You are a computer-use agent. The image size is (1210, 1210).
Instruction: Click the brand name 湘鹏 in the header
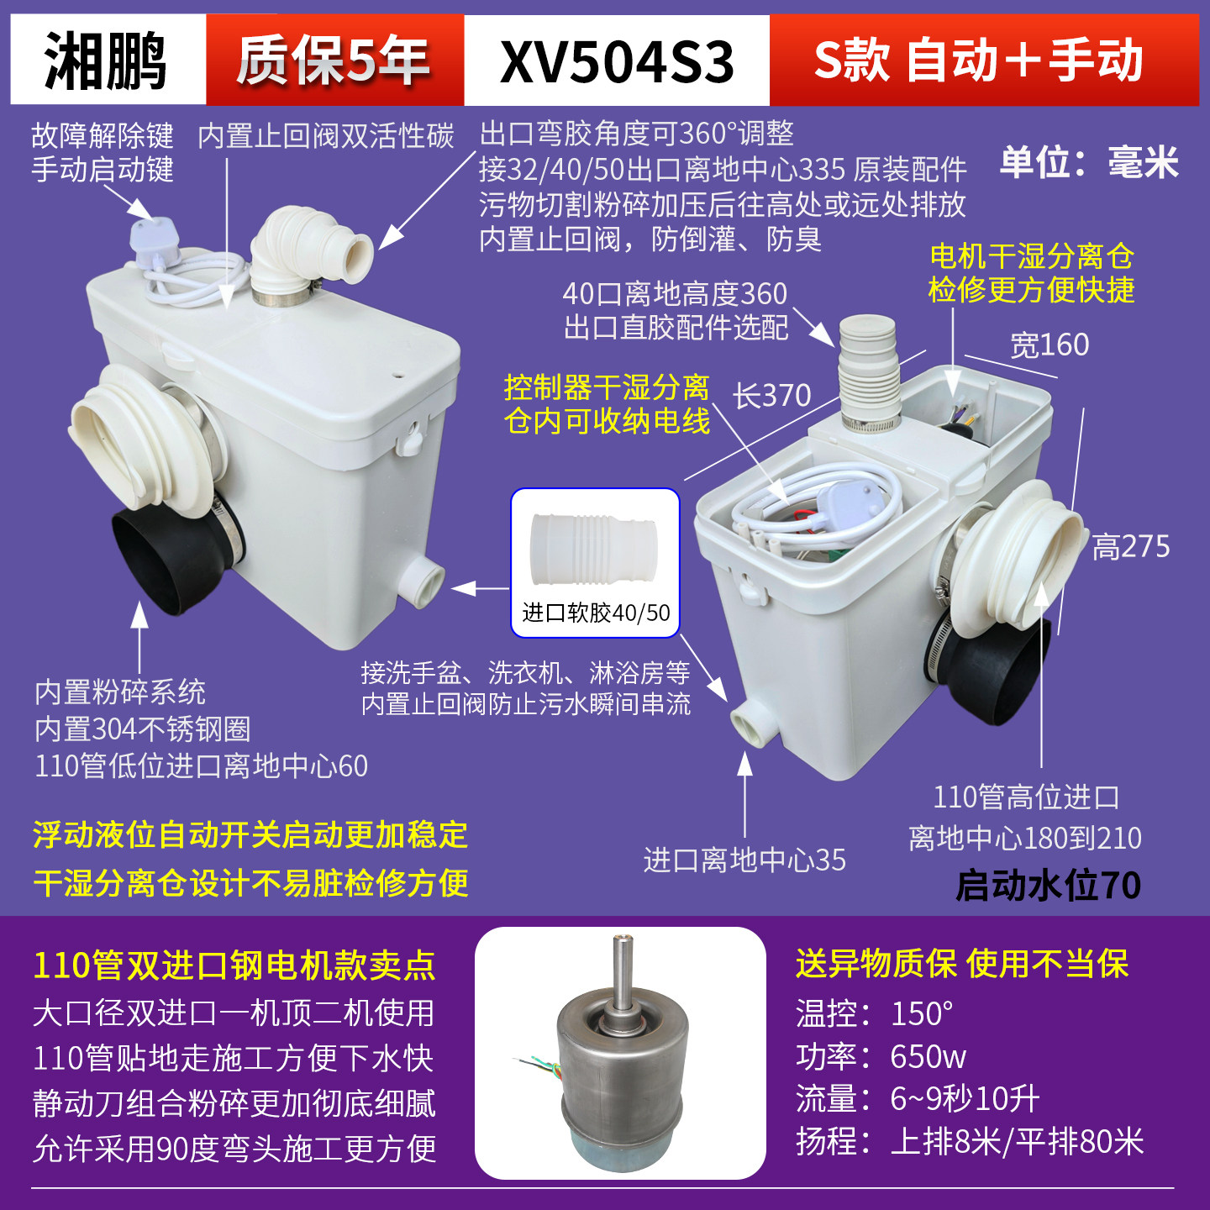click(106, 60)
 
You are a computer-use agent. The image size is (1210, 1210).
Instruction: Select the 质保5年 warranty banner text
click(334, 60)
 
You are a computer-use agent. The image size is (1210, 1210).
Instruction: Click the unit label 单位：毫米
click(1089, 161)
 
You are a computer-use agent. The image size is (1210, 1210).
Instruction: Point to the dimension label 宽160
click(1050, 345)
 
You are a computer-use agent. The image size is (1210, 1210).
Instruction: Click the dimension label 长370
click(772, 395)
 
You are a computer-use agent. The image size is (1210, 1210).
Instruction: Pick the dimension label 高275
click(1131, 547)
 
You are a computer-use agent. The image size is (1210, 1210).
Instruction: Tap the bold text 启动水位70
click(1049, 886)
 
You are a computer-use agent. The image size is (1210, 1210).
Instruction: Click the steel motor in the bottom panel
click(621, 1059)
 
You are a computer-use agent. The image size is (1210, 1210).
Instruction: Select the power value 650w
click(928, 1056)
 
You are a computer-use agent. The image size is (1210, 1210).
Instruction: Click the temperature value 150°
click(922, 1013)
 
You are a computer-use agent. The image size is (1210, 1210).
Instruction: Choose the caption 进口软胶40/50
click(596, 613)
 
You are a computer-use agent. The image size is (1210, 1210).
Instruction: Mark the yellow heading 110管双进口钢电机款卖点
click(234, 965)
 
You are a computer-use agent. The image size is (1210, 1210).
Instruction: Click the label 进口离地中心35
click(744, 860)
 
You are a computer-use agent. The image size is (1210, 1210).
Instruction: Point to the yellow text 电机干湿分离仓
click(1032, 255)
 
